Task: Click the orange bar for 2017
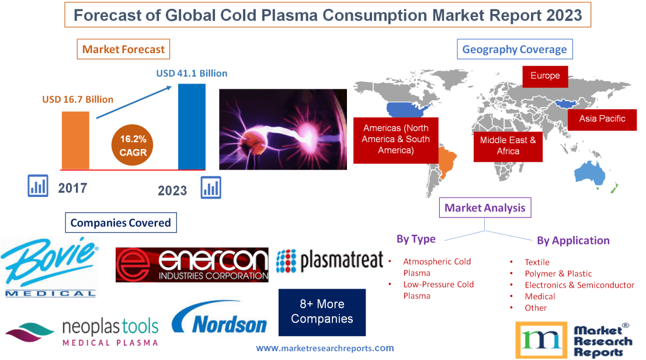click(76, 140)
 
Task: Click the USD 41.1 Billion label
click(192, 74)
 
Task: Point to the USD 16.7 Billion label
click(78, 99)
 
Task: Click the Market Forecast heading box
click(123, 49)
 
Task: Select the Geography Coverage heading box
click(514, 49)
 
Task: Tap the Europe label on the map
click(545, 76)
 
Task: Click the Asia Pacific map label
click(602, 119)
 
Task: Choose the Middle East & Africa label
click(508, 146)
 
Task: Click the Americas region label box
click(395, 139)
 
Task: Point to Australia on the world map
click(590, 173)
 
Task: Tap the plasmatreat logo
click(329, 260)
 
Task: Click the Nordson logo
click(220, 319)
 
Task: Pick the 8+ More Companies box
click(322, 311)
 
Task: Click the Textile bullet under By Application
click(536, 262)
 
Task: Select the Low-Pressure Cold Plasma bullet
click(438, 290)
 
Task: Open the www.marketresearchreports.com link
click(325, 348)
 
